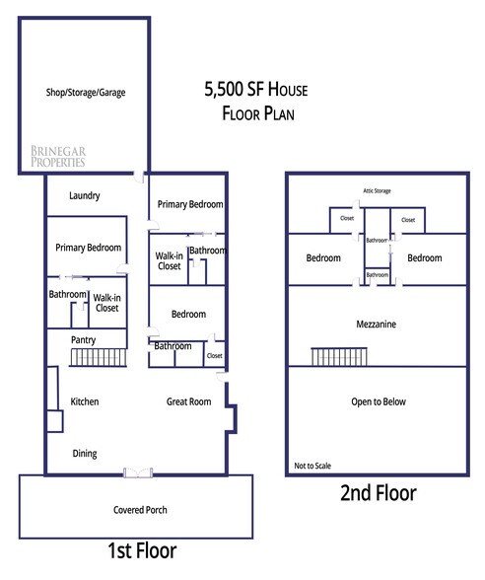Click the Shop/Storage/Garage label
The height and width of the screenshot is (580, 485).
click(86, 92)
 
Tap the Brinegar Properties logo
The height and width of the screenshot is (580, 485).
click(58, 156)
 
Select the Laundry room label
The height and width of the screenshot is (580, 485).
click(85, 195)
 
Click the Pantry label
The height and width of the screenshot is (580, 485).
click(83, 340)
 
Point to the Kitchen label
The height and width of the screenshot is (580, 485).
click(85, 401)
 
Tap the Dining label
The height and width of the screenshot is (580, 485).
click(85, 454)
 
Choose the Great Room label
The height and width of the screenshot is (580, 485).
click(189, 401)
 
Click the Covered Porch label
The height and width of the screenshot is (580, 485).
click(140, 510)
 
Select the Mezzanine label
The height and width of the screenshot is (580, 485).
click(377, 324)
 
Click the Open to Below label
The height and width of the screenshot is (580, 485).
click(379, 401)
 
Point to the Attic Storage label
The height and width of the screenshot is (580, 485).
click(377, 191)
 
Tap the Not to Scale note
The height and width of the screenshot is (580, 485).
click(312, 466)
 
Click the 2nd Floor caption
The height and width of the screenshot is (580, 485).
click(379, 493)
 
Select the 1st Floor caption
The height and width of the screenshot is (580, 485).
click(142, 550)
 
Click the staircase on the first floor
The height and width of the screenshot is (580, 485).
click(99, 358)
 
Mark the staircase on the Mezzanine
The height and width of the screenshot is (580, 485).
click(339, 357)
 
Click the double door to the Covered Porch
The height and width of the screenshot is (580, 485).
click(138, 472)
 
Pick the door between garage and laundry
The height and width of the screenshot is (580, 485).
click(140, 177)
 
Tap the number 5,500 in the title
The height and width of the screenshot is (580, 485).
click(224, 90)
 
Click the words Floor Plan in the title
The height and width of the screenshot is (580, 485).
click(258, 113)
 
